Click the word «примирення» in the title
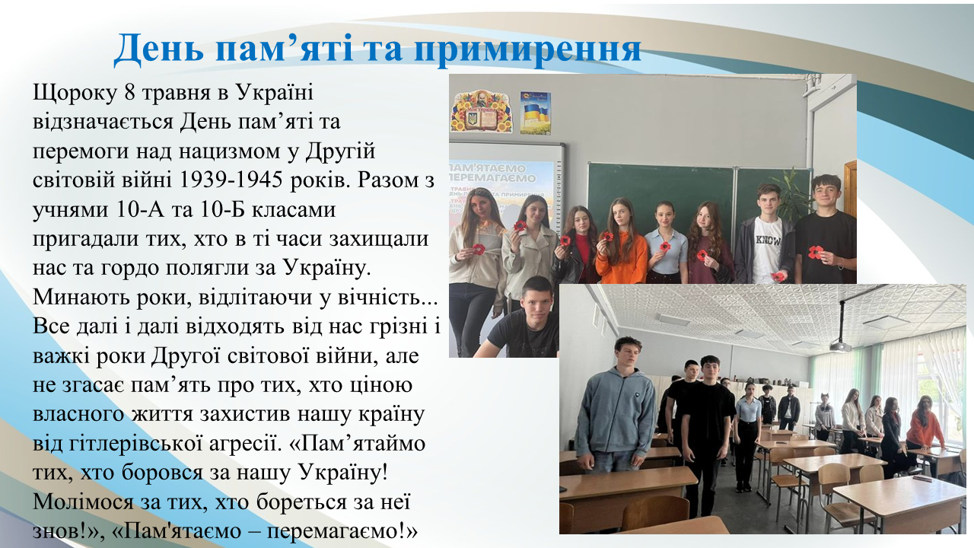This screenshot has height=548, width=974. pos(527,49)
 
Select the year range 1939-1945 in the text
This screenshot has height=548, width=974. pos(231,180)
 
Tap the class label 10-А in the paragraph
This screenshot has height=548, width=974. pos(141,209)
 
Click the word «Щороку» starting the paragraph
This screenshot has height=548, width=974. pos(75,94)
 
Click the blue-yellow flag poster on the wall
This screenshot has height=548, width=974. pos(535,113)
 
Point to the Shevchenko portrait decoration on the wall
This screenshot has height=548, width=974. pos(482,112)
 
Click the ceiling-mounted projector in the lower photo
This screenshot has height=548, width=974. pos(842,343)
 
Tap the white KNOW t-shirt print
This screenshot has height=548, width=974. pos(768,241)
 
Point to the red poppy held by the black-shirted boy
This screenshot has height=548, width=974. pos(816,252)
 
